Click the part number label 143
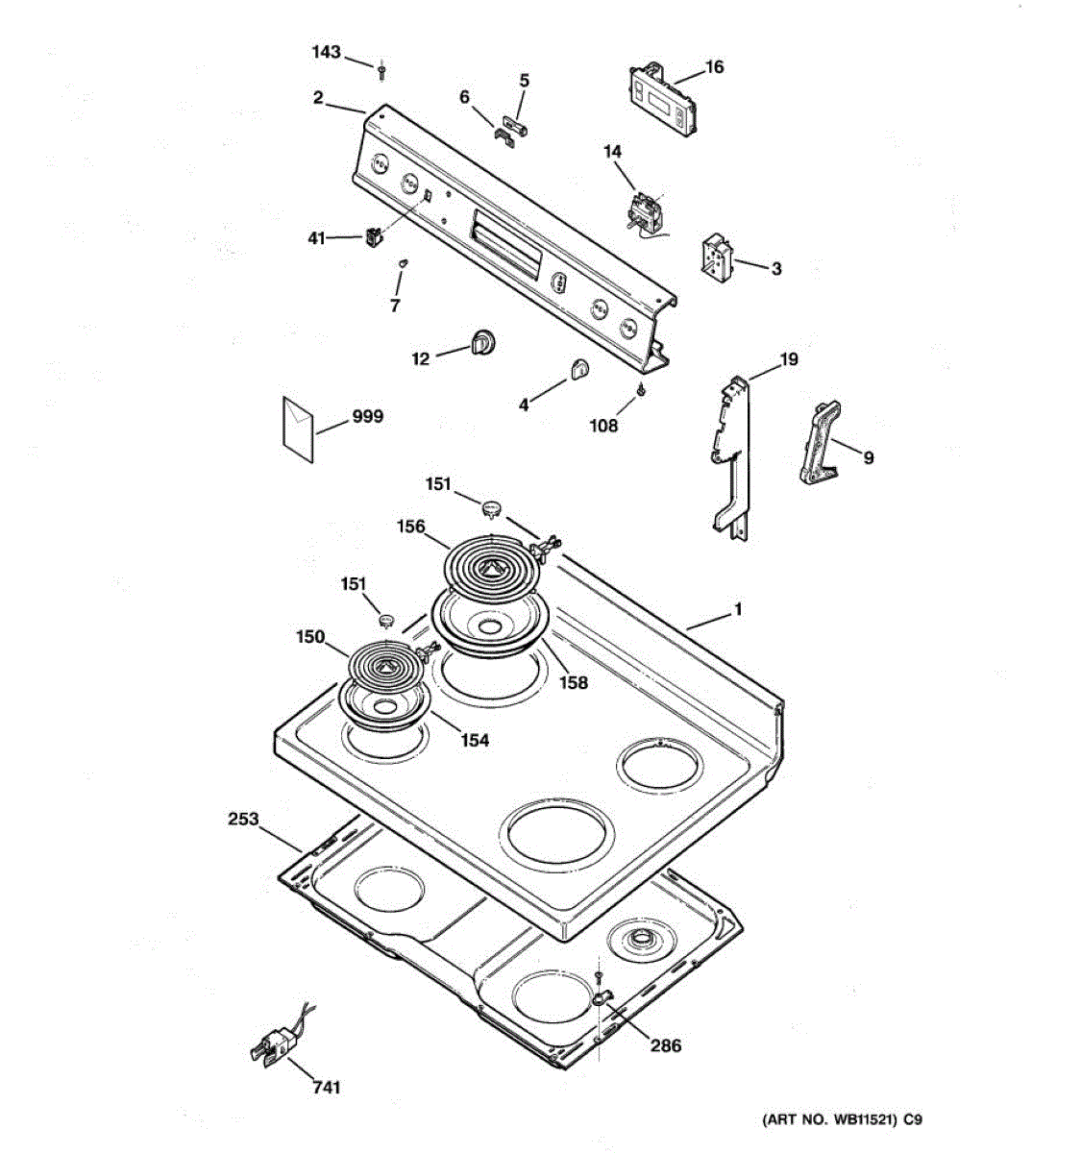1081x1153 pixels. pyautogui.click(x=327, y=52)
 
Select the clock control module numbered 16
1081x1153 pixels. pyautogui.click(x=663, y=100)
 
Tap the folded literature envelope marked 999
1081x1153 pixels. pyautogui.click(x=297, y=428)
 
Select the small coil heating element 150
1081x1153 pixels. pyautogui.click(x=383, y=664)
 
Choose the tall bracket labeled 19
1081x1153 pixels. pyautogui.click(x=732, y=452)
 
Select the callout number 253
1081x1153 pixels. pyautogui.click(x=243, y=820)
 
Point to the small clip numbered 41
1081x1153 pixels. pyautogui.click(x=373, y=235)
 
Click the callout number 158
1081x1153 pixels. pyautogui.click(x=574, y=683)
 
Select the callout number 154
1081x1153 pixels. pyautogui.click(x=474, y=741)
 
